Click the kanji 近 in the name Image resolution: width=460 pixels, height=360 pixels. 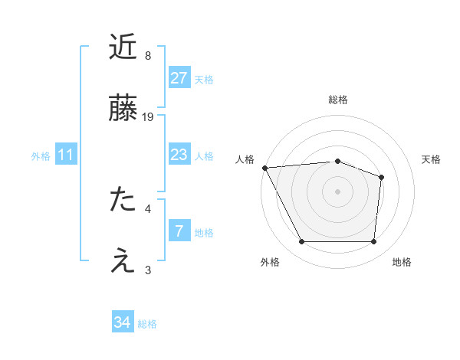pos(123,48)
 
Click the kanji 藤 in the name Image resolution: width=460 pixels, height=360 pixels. pos(123,109)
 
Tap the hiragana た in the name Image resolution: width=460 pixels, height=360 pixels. pos(123,199)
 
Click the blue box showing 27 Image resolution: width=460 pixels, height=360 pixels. pos(179,77)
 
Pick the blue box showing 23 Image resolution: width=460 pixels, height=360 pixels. pos(179,155)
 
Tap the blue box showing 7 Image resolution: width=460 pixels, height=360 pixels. pos(179,231)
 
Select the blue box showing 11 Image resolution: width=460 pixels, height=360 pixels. pos(66,155)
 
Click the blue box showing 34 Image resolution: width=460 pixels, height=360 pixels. pos(123,322)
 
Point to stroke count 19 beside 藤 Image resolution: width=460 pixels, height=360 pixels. pos(149,116)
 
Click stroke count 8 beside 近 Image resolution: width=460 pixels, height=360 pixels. pos(147,56)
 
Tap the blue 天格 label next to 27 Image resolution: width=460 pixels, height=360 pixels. pos(204,79)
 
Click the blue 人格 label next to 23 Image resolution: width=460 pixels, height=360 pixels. pos(204,156)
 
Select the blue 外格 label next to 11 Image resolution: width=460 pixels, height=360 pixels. pos(41,156)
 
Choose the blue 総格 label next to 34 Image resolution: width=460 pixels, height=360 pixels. pos(147,324)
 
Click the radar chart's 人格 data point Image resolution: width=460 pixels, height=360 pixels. pos(264,168)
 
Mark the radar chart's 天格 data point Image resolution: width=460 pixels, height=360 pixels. pos(381,177)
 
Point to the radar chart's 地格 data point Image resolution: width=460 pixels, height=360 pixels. pos(373,242)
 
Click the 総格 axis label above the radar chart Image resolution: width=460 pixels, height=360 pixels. pos(338,100)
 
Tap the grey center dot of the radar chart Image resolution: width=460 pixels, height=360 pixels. pos(337,191)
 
